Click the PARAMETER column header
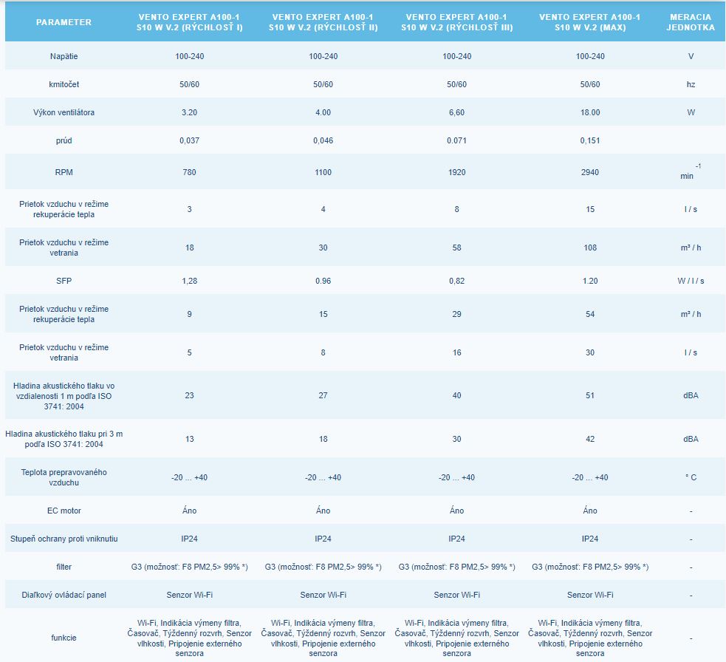[64, 22]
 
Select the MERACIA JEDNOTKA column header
[691, 22]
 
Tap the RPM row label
[64, 172]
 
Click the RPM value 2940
[590, 172]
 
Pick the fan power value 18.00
[590, 113]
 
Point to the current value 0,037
[189, 140]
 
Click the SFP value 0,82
[456, 281]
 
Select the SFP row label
[64, 281]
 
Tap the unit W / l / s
[691, 281]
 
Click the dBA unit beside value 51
[691, 395]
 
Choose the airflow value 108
[590, 248]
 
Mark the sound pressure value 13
[189, 439]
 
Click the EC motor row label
[64, 511]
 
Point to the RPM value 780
[189, 172]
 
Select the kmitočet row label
[64, 84]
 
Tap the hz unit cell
[691, 84]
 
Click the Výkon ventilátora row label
[64, 113]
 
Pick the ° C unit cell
[691, 477]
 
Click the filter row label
[64, 567]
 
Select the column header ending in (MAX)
[590, 22]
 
